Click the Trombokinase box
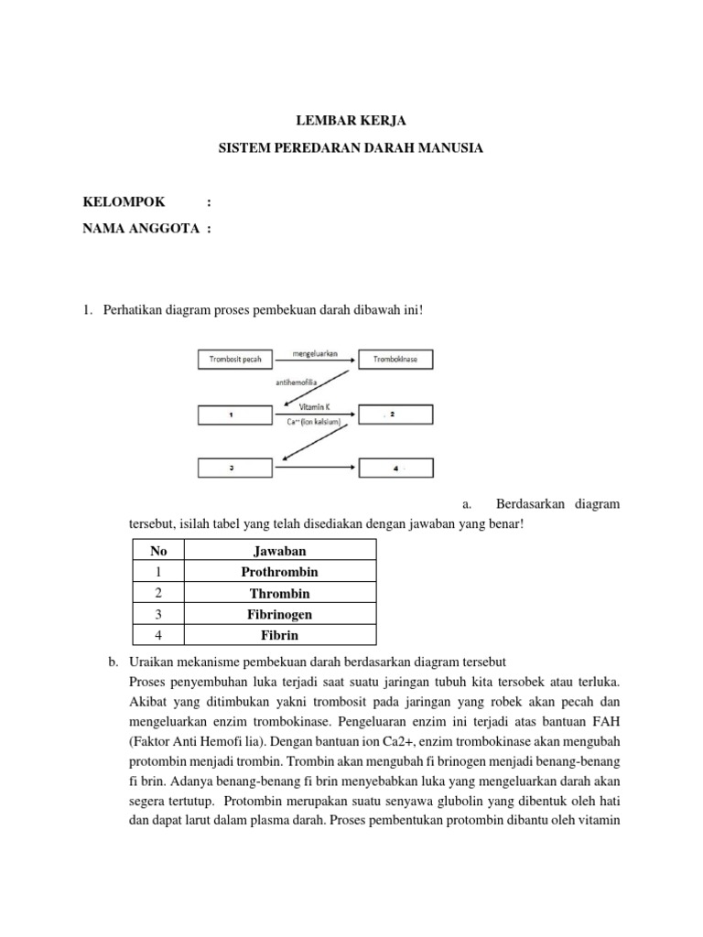[x=396, y=360]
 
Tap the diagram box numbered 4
[x=396, y=468]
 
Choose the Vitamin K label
[x=316, y=408]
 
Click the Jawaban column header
[x=280, y=551]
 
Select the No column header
[x=159, y=551]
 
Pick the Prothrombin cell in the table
[x=280, y=572]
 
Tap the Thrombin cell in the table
[x=280, y=593]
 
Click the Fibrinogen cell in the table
[x=280, y=614]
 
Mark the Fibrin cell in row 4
[x=280, y=635]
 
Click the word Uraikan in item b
[x=153, y=662]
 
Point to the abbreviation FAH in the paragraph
[x=606, y=722]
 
